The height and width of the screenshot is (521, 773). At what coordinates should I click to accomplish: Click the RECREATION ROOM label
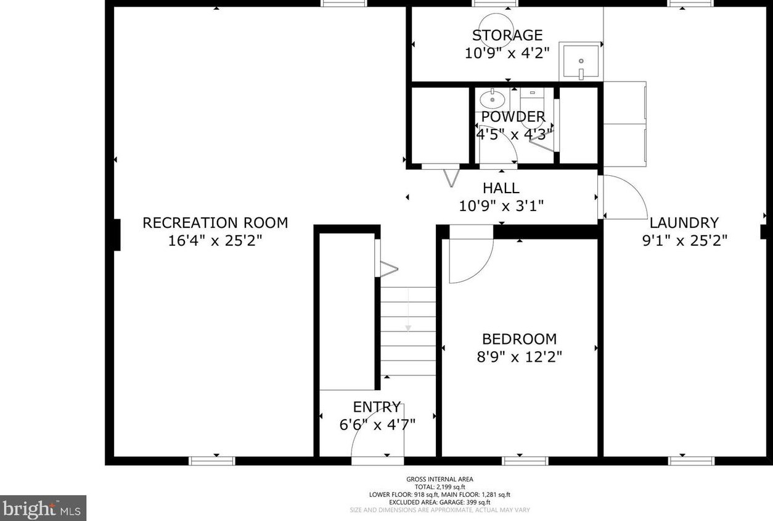[x=215, y=223]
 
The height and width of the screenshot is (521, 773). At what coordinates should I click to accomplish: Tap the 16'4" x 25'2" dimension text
[x=215, y=241]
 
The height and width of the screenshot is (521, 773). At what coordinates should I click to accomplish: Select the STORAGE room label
[x=507, y=35]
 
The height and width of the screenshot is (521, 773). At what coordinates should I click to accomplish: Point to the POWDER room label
[x=513, y=117]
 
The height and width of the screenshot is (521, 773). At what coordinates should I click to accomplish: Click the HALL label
[x=501, y=188]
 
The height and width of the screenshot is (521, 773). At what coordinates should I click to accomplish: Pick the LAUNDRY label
[x=684, y=223]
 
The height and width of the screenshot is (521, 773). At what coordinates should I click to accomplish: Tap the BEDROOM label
[x=520, y=339]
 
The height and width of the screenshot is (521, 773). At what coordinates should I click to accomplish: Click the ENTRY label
[x=377, y=407]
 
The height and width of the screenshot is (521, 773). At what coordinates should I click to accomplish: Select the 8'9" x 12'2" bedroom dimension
[x=520, y=357]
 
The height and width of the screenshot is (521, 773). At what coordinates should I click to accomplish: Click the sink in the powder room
[x=492, y=99]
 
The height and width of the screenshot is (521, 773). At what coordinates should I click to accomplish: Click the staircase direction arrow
[x=408, y=309]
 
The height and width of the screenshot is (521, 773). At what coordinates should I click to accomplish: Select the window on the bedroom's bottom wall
[x=525, y=461]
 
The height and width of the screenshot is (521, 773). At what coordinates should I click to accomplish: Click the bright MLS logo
[x=43, y=508]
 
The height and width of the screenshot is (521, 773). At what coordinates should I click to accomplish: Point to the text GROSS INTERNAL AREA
[x=440, y=479]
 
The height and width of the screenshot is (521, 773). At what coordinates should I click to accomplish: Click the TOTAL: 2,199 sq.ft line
[x=440, y=487]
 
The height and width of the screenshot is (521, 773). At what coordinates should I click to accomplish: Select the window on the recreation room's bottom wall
[x=212, y=461]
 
